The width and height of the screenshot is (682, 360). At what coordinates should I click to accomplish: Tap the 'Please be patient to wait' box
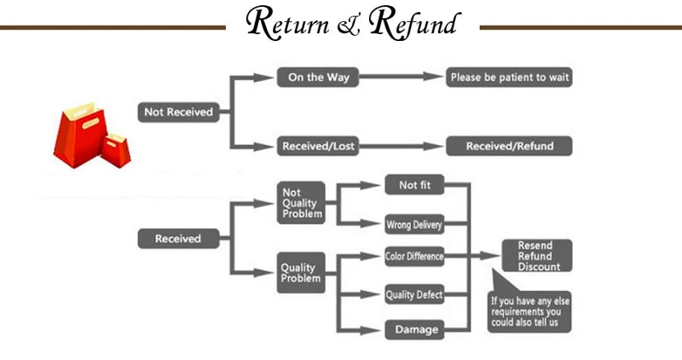[510, 77]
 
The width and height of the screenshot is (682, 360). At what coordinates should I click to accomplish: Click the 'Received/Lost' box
[317, 146]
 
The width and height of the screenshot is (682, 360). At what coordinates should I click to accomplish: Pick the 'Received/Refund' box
[510, 146]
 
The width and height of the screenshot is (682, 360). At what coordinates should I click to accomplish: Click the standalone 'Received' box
[177, 239]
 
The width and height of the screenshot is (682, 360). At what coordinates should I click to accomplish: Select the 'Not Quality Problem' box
[302, 203]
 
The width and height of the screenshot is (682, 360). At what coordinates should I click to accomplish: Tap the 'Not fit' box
[414, 185]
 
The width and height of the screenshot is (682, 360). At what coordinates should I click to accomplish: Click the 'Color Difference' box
[414, 256]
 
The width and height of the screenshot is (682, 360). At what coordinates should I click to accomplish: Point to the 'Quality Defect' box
[414, 295]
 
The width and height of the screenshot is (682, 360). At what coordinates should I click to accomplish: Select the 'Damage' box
[414, 329]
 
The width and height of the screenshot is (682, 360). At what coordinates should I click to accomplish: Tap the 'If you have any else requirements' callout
[530, 311]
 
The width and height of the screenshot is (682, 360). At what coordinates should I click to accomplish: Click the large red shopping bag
[77, 134]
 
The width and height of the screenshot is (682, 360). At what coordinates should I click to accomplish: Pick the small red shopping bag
[116, 150]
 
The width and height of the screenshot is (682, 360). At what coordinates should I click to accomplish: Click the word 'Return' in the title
[288, 23]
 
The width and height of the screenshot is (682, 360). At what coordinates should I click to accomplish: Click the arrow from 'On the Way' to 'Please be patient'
[401, 77]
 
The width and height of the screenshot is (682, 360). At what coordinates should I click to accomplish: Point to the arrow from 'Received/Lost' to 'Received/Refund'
[401, 146]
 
